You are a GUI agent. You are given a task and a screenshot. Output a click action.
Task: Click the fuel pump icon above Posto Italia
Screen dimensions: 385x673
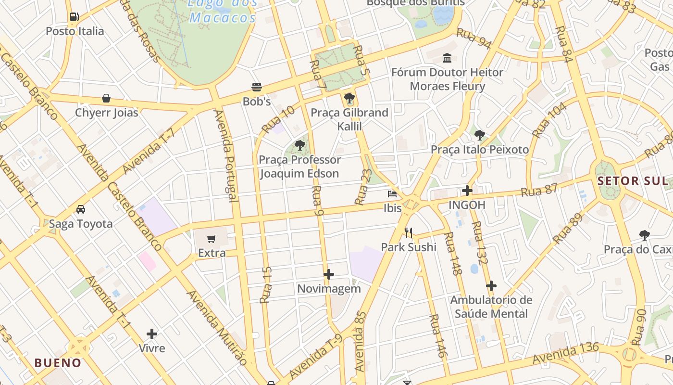point(74,17)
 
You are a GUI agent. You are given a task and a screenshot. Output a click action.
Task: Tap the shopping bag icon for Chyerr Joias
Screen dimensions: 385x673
point(106,98)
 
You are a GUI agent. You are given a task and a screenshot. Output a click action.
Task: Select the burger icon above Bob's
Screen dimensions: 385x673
point(257,87)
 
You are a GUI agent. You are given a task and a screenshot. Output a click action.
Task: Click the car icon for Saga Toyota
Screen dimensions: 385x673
point(81,209)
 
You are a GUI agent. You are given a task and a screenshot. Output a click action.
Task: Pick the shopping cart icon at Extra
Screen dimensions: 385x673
point(212,239)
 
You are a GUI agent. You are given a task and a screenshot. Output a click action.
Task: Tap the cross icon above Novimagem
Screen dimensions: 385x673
point(329,274)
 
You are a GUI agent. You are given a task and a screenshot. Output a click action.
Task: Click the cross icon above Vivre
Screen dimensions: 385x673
point(152,334)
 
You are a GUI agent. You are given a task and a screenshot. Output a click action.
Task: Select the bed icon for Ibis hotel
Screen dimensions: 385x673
point(392,194)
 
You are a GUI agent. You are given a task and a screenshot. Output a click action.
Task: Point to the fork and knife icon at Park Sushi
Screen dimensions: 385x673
point(409,233)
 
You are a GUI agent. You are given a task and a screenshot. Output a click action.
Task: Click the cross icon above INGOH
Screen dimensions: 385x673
point(467,191)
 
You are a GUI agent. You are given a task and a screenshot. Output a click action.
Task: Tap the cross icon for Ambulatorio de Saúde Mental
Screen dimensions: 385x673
point(491,286)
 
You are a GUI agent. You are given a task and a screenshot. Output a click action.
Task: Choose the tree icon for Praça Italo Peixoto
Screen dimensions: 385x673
point(479,135)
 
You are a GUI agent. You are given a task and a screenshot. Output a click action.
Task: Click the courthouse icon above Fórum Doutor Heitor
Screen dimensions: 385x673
point(447,58)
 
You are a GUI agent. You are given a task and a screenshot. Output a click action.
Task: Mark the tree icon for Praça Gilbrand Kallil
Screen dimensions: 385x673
point(349,98)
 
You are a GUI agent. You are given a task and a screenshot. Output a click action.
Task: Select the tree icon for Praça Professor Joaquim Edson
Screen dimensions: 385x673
point(300,145)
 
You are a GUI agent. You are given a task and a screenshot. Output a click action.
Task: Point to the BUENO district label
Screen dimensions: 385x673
point(58,363)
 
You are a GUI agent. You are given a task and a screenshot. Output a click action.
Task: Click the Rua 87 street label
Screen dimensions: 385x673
point(539,190)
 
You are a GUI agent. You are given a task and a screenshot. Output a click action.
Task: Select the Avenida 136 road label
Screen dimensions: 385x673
point(565,354)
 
